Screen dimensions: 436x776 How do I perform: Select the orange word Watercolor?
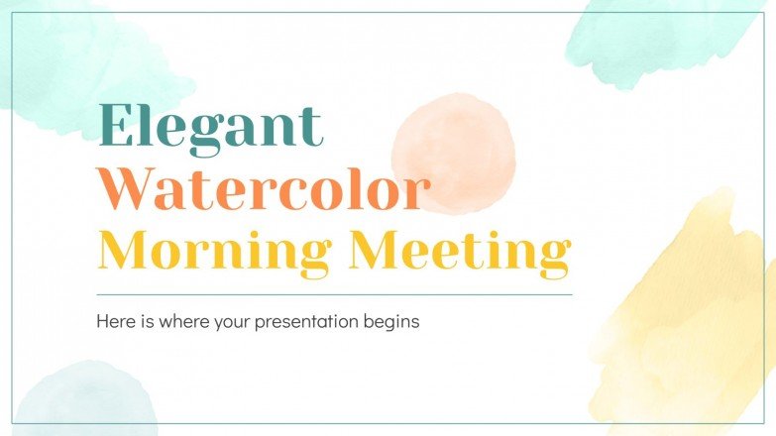(266, 190)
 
